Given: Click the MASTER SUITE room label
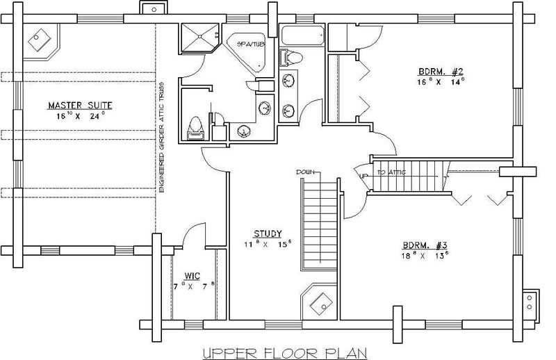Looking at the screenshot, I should (x=80, y=106).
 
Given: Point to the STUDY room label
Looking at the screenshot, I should (x=267, y=234).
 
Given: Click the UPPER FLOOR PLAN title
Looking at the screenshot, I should (x=284, y=354).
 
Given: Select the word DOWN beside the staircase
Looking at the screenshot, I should (x=306, y=171).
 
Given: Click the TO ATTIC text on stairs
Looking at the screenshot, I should (x=391, y=172).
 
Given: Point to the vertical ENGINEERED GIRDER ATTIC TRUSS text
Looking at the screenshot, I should (x=161, y=142).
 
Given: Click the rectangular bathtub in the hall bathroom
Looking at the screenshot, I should (x=302, y=35).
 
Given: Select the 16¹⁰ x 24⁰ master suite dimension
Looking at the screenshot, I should (x=80, y=117).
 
